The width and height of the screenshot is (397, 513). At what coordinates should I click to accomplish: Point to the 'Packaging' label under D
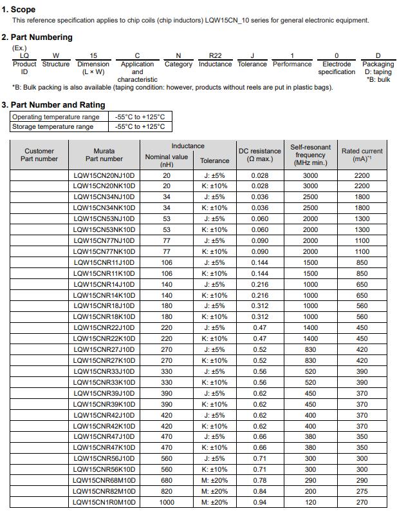click(x=378, y=64)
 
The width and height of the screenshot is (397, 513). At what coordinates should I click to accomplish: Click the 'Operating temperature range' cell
click(x=56, y=117)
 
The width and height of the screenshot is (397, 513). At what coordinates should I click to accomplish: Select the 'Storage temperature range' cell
click(x=53, y=126)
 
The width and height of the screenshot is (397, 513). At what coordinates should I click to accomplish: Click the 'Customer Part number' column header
click(x=39, y=155)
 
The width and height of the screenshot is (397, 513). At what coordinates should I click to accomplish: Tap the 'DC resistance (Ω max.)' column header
click(x=260, y=155)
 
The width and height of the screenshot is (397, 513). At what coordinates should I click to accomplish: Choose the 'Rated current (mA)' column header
click(x=362, y=155)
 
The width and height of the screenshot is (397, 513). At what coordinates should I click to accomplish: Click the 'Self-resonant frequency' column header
click(x=310, y=155)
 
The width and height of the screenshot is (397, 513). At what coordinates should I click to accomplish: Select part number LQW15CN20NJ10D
click(x=104, y=175)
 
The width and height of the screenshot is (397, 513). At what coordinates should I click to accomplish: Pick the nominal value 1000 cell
click(x=167, y=502)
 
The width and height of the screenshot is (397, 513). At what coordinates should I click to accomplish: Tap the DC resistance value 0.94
click(x=260, y=502)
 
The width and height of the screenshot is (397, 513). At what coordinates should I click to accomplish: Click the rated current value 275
click(x=362, y=491)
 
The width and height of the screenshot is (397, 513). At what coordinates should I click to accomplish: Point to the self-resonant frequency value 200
click(x=310, y=491)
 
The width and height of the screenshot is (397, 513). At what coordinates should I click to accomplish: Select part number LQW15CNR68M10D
click(x=104, y=480)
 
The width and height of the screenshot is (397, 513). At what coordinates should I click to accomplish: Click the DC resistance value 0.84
click(x=260, y=491)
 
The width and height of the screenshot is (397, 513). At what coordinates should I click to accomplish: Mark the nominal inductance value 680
click(x=167, y=480)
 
